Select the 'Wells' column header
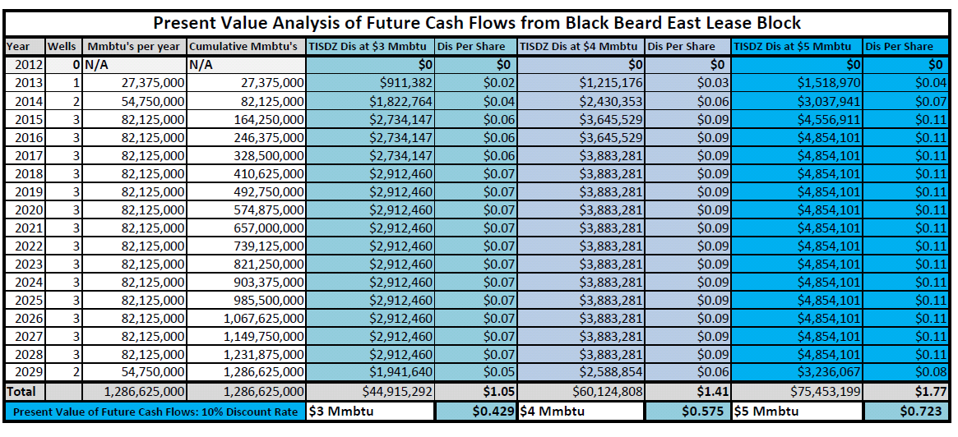pyautogui.click(x=62, y=46)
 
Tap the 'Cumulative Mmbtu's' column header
pyautogui.click(x=243, y=46)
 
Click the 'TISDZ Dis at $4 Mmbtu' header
pyautogui.click(x=579, y=46)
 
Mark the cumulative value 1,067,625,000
pyautogui.click(x=263, y=318)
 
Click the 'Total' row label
pyautogui.click(x=21, y=391)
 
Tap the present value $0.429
pyautogui.click(x=493, y=412)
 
